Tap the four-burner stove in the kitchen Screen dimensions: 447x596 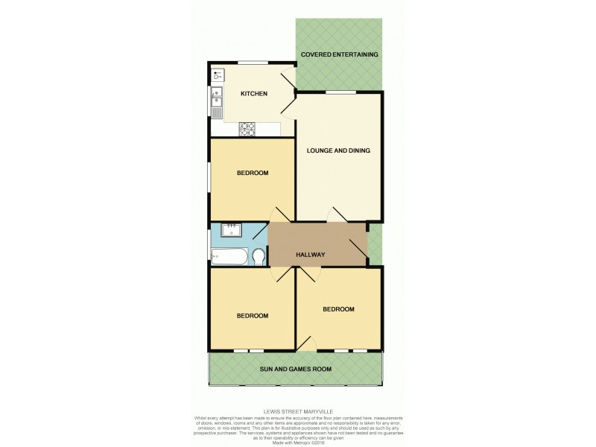pos(247,130)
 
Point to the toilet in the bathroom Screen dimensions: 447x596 pos(258,257)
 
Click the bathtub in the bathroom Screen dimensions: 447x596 pos(228,258)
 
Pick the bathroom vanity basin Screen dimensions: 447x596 pos(230,229)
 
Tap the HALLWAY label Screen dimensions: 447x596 pos(311,255)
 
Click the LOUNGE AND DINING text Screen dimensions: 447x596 pos(339,150)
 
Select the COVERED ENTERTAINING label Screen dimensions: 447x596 pos(339,54)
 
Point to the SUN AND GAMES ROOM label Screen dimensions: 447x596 pos(295,369)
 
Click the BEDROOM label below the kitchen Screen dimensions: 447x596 pos(252,173)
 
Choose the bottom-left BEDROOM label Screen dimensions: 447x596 pos(252,316)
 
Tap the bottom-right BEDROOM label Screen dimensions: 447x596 pos(338,309)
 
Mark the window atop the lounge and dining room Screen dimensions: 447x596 pos(340,92)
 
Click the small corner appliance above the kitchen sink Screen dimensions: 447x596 pos(217,74)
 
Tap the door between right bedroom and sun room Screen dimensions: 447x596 pos(305,343)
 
